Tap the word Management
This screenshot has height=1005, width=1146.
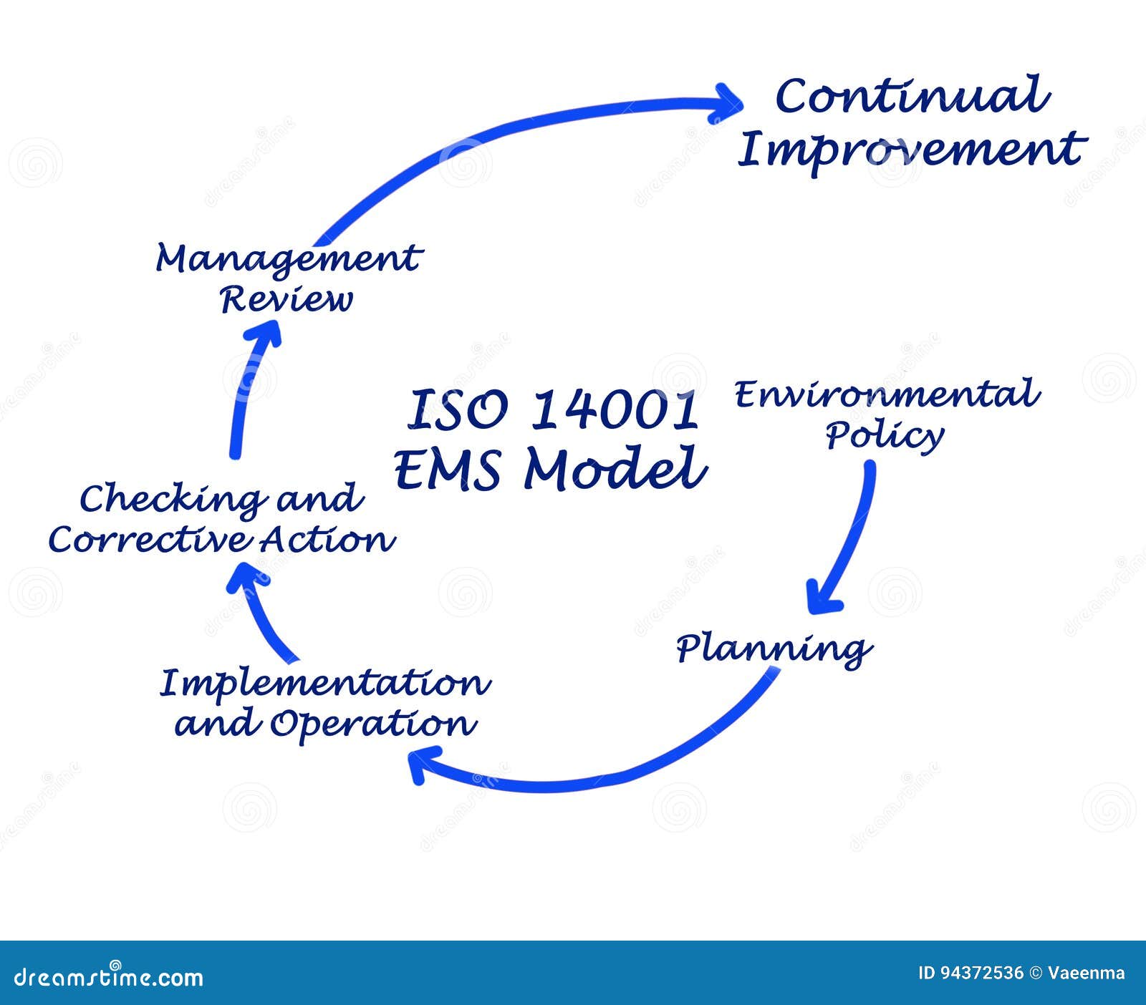click(x=289, y=260)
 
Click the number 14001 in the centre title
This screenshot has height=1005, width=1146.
click(x=615, y=410)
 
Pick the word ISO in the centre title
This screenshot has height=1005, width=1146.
click(x=458, y=410)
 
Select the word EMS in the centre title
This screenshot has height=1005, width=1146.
click(x=448, y=469)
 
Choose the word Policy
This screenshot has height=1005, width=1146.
click(x=885, y=435)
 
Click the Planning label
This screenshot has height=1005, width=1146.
click(x=774, y=649)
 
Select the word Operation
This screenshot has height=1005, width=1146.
click(x=373, y=724)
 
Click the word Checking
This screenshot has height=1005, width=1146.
click(x=170, y=499)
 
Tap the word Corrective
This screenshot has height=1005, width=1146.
click(x=150, y=540)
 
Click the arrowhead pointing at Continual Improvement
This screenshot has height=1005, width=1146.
click(x=727, y=105)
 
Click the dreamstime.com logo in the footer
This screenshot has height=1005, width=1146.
click(x=108, y=976)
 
